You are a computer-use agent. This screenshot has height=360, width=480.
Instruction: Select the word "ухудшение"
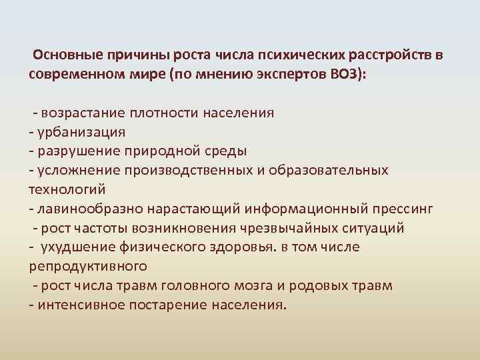coord(73,247)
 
